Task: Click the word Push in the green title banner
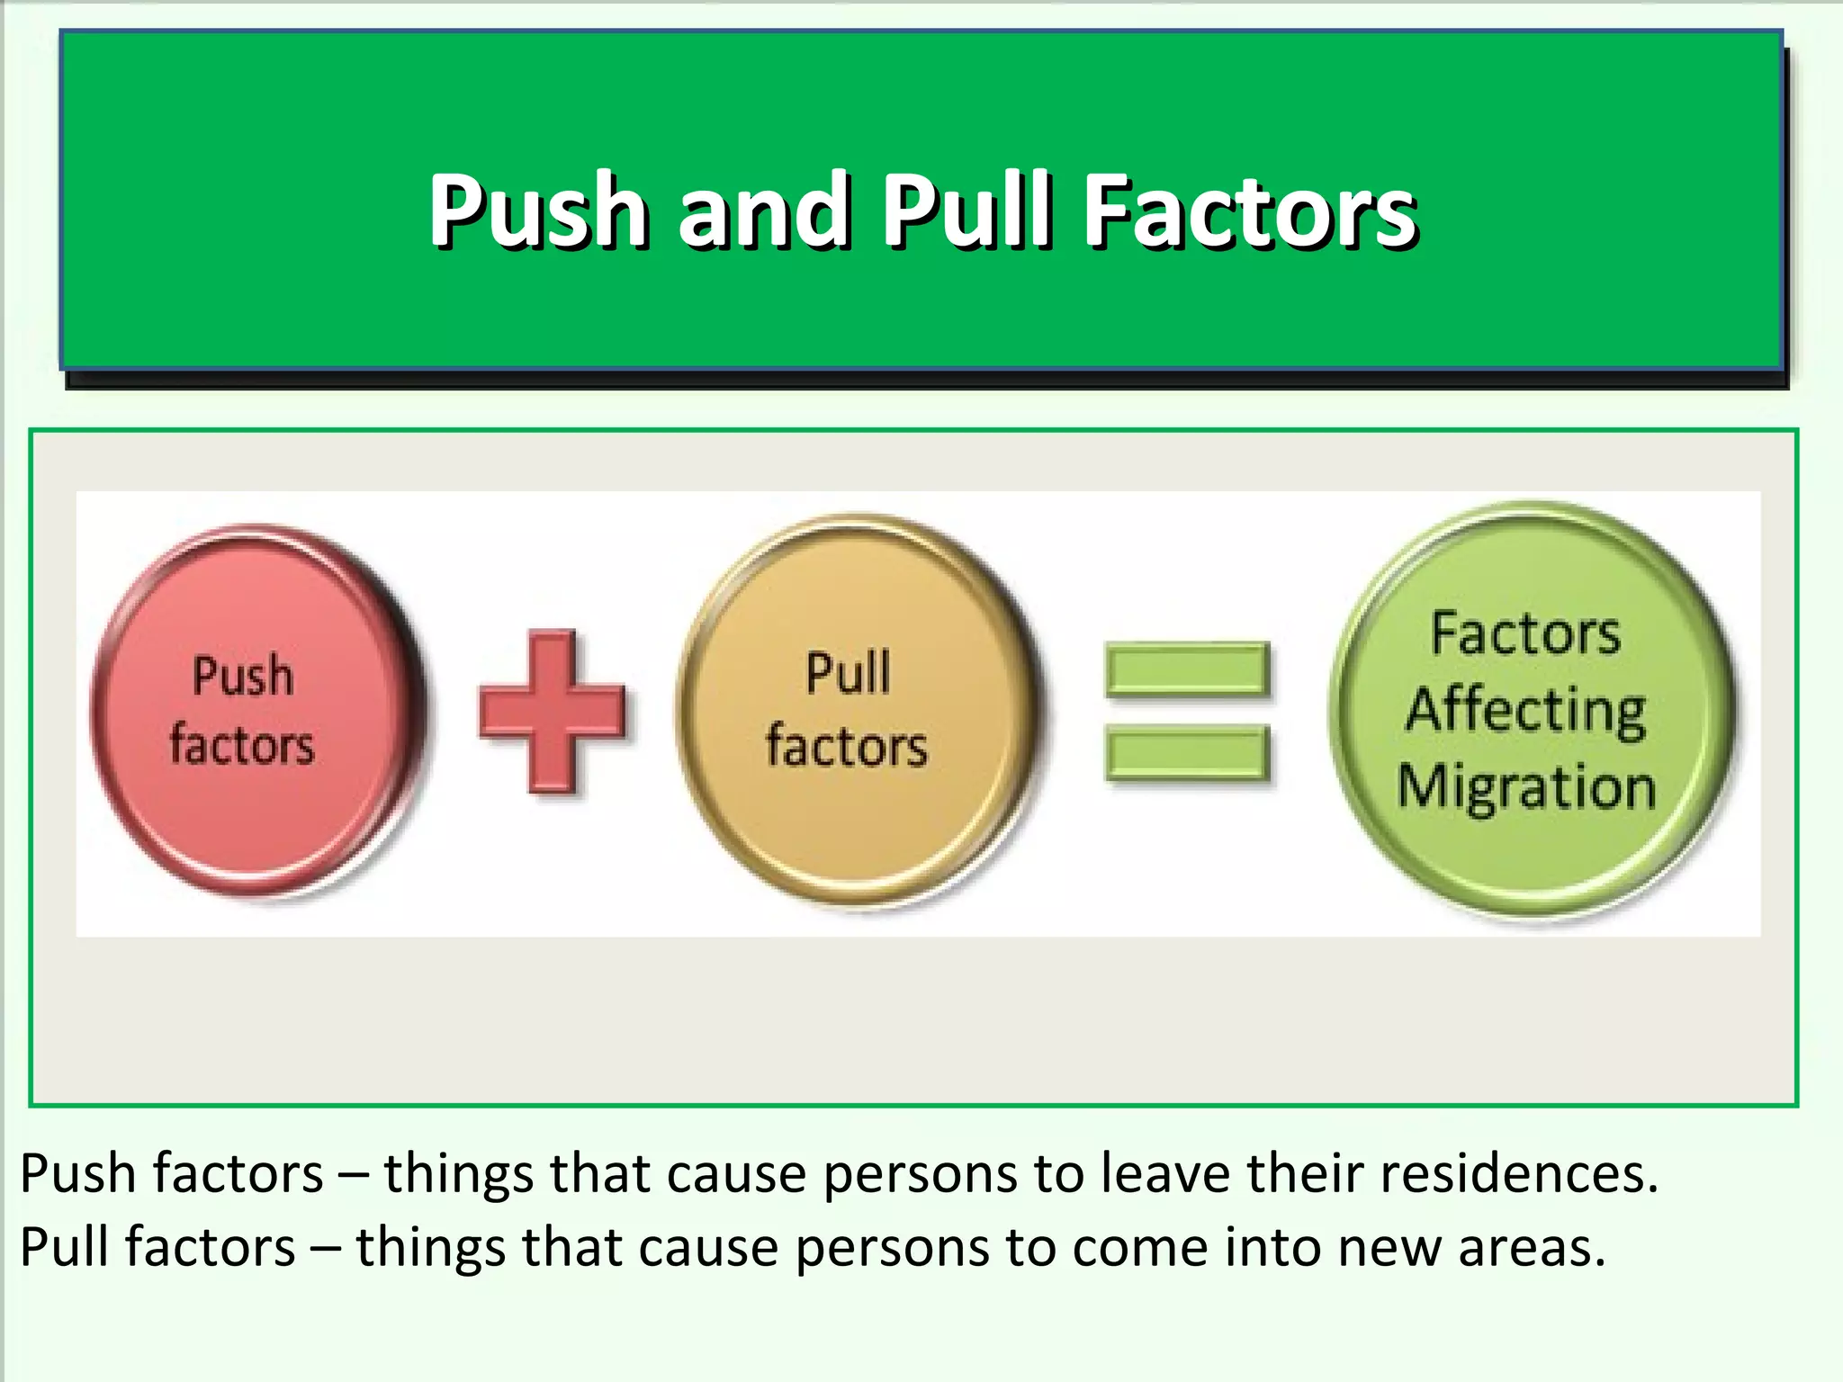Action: click(538, 211)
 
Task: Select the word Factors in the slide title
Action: click(1251, 211)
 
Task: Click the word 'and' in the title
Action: click(763, 211)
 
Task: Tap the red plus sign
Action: click(551, 711)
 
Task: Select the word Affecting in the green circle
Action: click(1527, 711)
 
